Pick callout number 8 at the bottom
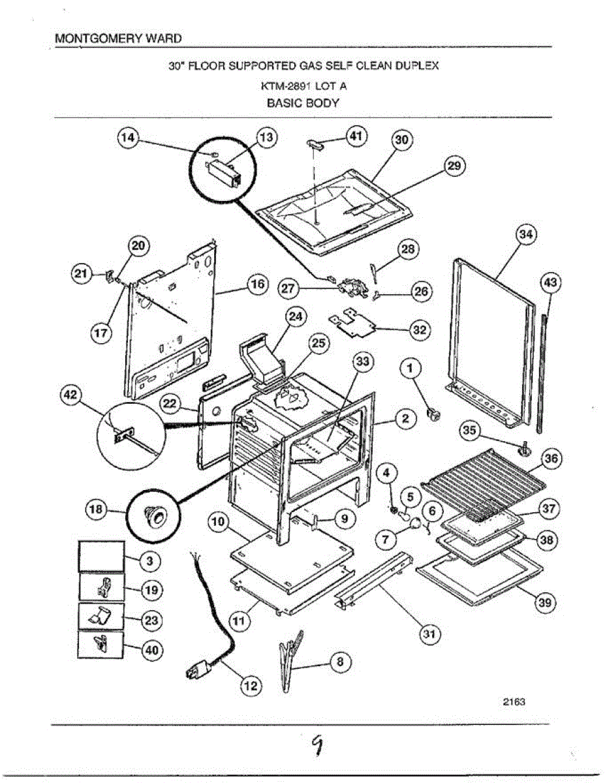(339, 662)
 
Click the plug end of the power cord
(197, 670)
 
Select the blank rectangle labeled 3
(101, 555)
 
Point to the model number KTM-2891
(283, 85)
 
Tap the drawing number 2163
(514, 702)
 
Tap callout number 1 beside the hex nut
(411, 370)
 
